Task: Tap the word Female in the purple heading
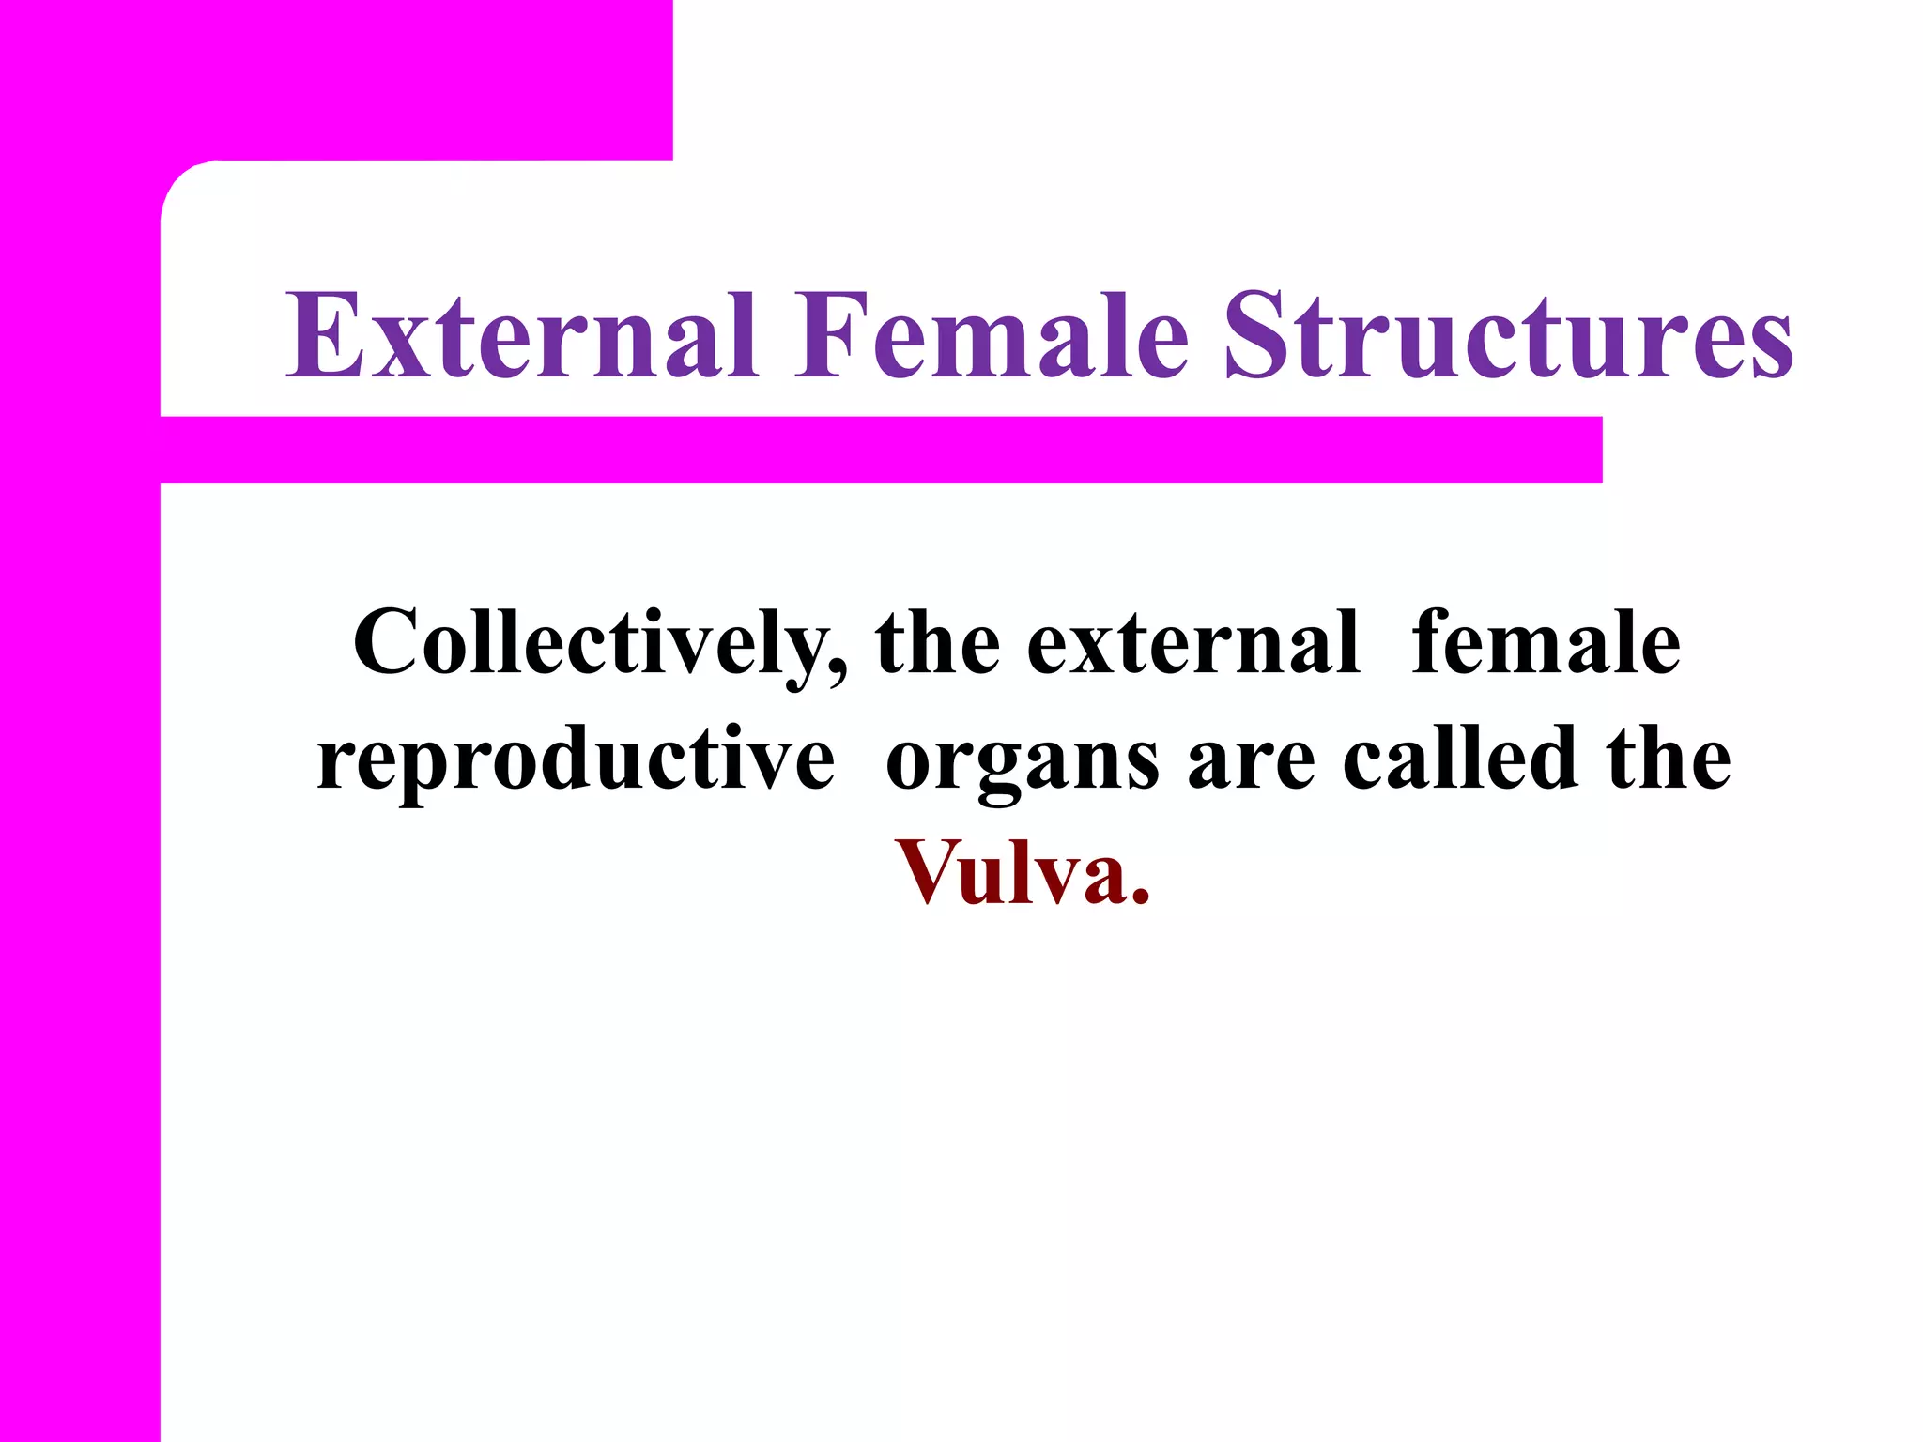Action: pos(992,336)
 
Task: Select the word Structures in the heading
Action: pos(1509,336)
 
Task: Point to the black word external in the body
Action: pos(1193,644)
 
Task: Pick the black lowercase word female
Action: pos(1546,644)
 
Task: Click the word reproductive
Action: pos(576,759)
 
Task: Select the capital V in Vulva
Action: pos(930,873)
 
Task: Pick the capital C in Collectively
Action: pos(385,644)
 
